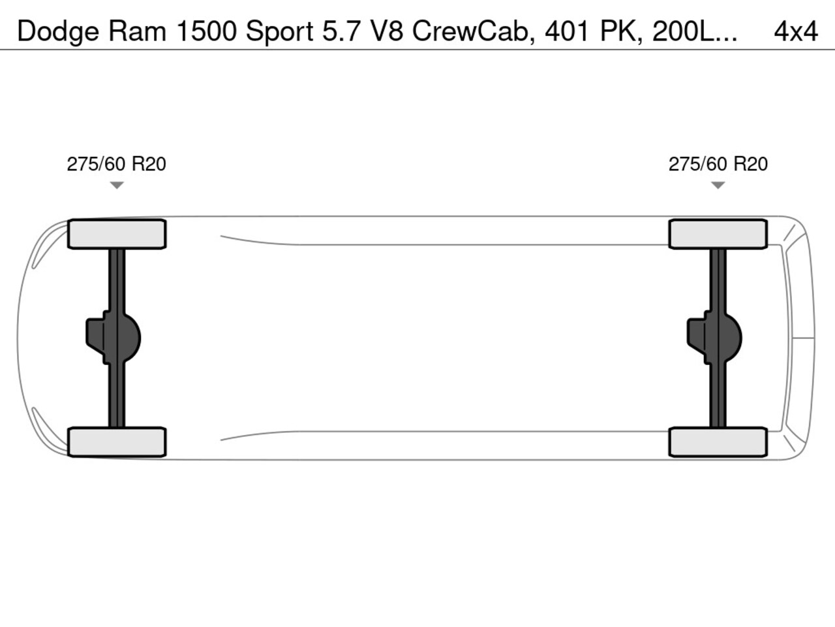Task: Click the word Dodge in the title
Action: pyautogui.click(x=58, y=31)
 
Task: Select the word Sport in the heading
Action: pyautogui.click(x=280, y=31)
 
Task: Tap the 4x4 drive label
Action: pyautogui.click(x=795, y=31)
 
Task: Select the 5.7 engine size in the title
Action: pyautogui.click(x=343, y=31)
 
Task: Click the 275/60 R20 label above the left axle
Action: pyautogui.click(x=116, y=164)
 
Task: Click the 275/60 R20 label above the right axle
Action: pyautogui.click(x=718, y=164)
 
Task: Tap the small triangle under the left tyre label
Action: pyautogui.click(x=117, y=185)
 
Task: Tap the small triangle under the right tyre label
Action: pyautogui.click(x=718, y=185)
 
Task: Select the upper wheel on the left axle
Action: pyautogui.click(x=117, y=234)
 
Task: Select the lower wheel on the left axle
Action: pyautogui.click(x=117, y=442)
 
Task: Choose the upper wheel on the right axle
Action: pyautogui.click(x=718, y=234)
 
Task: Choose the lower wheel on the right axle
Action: pyautogui.click(x=718, y=442)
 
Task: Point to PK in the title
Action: pyautogui.click(x=616, y=31)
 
